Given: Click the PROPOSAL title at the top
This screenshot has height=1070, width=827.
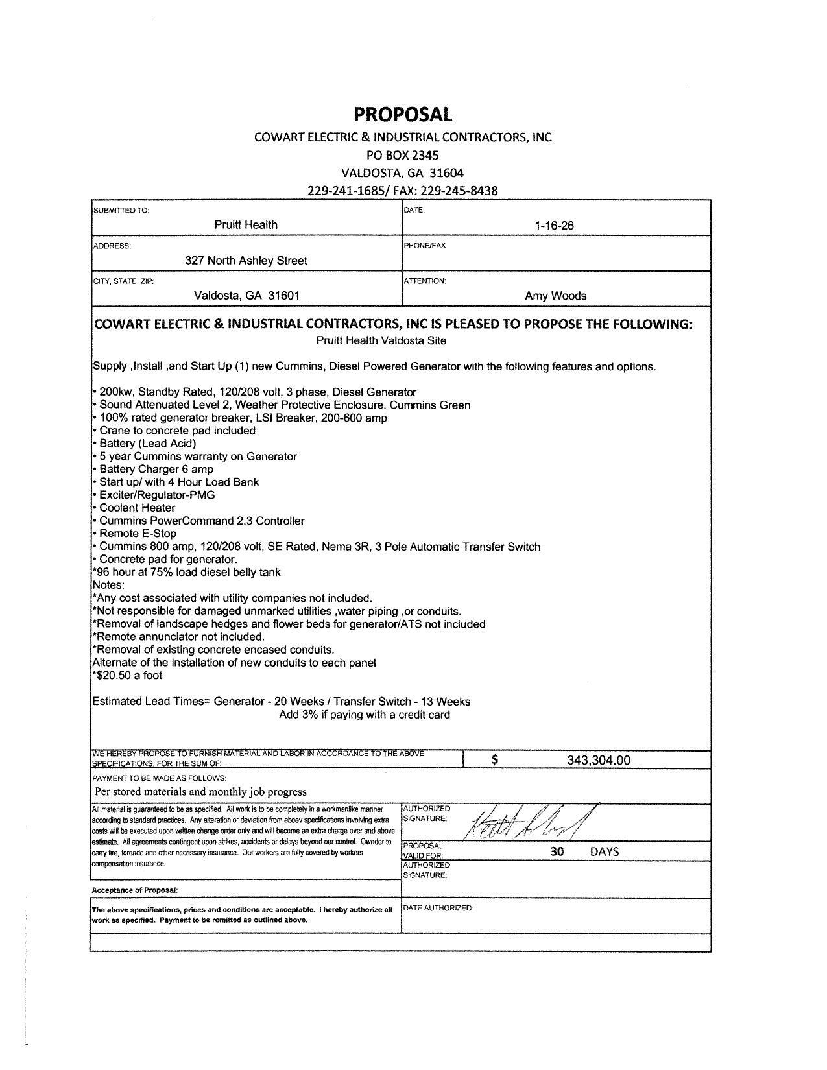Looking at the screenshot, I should (x=402, y=115).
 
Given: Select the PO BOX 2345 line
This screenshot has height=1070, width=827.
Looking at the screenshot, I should (x=402, y=155).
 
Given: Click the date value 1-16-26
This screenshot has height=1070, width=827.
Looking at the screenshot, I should (x=555, y=226).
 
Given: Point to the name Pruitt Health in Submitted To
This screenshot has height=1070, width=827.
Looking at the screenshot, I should (x=246, y=225).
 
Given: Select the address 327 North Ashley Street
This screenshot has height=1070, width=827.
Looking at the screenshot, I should (x=246, y=261).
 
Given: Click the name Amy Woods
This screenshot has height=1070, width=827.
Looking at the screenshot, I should (x=555, y=296).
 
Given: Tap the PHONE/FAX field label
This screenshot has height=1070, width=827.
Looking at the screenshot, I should (x=425, y=246).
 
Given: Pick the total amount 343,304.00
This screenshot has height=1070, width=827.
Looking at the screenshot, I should (x=598, y=760).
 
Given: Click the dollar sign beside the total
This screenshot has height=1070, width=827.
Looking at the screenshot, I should (x=495, y=760).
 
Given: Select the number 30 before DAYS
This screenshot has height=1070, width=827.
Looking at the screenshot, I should (x=557, y=851).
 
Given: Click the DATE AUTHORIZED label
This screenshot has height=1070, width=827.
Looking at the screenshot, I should (x=438, y=908).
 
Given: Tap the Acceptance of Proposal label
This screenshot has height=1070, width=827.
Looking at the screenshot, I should (x=135, y=890).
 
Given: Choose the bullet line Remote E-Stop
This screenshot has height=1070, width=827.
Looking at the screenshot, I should (x=138, y=534).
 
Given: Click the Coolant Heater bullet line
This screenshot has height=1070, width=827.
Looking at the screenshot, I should (x=137, y=508).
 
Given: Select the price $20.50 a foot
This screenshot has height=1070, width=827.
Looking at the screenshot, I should (x=129, y=675).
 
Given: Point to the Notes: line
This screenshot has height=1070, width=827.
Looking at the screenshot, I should (x=108, y=585).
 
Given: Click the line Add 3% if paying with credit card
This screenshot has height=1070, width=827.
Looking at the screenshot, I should (x=364, y=715).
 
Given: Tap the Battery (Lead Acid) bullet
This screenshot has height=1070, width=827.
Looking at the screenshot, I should (x=147, y=444).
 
